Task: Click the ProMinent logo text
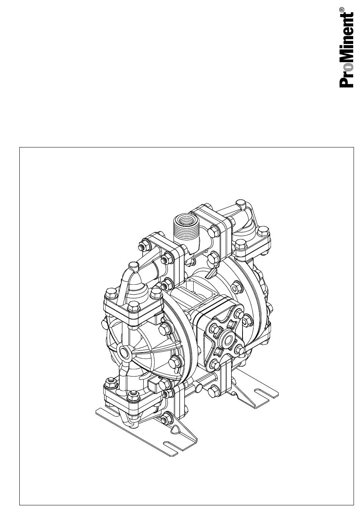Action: tap(347, 49)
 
